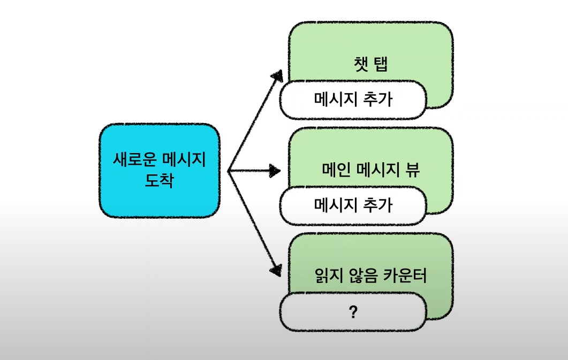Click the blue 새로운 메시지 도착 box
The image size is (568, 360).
click(160, 170)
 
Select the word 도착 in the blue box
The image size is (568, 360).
click(160, 180)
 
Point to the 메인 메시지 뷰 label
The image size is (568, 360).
click(371, 170)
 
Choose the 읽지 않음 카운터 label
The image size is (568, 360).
click(371, 276)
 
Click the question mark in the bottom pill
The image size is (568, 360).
click(353, 312)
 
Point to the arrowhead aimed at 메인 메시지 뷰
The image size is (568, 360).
click(275, 171)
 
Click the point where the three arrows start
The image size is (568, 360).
click(229, 171)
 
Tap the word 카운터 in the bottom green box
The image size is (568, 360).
click(406, 276)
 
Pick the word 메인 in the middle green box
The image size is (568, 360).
click(336, 170)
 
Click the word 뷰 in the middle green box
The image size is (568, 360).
click(413, 170)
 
